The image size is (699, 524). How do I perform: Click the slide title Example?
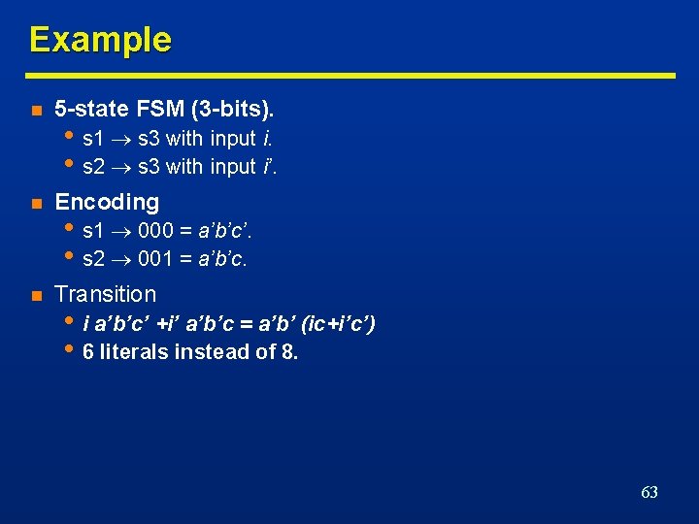tap(100, 40)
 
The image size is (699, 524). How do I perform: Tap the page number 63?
tap(649, 492)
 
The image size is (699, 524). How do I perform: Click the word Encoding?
tap(107, 202)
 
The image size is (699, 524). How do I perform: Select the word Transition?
tap(105, 294)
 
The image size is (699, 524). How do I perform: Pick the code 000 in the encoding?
tap(156, 231)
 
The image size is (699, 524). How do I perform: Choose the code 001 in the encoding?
tap(156, 259)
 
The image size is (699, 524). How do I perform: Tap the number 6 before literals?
tap(88, 352)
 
